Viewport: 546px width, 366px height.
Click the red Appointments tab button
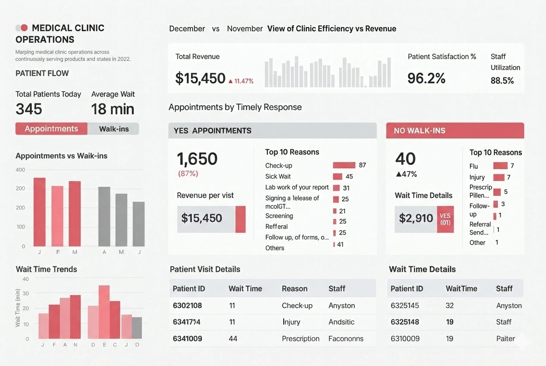51,129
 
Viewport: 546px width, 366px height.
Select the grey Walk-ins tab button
114,129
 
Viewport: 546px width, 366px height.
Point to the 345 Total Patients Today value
29,109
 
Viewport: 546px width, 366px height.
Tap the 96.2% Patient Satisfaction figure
426,78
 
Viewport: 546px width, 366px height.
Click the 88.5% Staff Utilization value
502,80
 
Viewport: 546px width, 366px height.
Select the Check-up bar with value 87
344,165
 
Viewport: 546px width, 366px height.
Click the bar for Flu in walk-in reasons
500,166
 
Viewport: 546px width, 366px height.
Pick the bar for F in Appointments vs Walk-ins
57,216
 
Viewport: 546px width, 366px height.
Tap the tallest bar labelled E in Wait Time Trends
104,312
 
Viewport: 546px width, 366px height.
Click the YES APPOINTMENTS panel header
272,130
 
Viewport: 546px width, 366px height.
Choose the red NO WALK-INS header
454,130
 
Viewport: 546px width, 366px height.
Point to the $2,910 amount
416,218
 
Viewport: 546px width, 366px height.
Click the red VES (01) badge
445,219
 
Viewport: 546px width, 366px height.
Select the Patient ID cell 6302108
187,306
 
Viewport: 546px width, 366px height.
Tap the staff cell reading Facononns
346,339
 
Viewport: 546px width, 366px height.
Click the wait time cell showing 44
233,339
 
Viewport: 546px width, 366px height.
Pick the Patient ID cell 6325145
405,306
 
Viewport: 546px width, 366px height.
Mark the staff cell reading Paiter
505,339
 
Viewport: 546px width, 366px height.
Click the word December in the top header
187,29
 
